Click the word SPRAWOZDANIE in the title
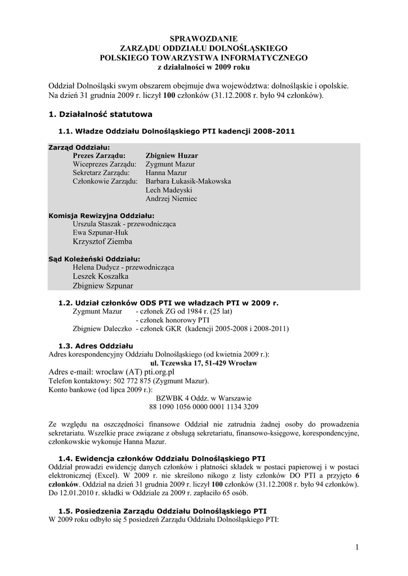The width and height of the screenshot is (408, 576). [204, 39]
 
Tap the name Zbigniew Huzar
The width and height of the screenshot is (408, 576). [172, 155]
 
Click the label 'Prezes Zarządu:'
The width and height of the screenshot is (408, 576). [99, 155]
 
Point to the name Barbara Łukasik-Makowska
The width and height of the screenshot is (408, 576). [188, 181]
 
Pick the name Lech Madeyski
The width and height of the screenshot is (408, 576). [168, 190]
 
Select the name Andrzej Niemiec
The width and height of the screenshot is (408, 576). [171, 199]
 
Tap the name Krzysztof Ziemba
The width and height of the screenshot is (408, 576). [102, 241]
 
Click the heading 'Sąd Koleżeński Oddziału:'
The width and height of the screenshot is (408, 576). [94, 259]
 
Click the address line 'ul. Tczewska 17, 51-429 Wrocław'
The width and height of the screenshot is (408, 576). [204, 363]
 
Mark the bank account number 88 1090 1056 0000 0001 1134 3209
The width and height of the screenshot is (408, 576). [204, 406]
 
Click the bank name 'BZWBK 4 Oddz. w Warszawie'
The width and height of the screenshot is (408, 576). [204, 398]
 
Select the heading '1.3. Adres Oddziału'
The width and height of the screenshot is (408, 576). [96, 345]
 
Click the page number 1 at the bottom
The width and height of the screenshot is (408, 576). [357, 547]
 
